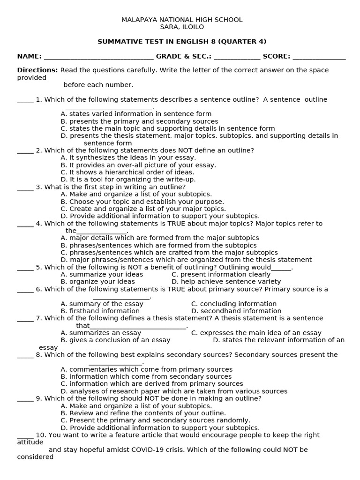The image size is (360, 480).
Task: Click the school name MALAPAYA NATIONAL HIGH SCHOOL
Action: pos(182,20)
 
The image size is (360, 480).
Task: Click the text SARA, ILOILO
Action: pos(182,27)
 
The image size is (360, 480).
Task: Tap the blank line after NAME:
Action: pos(98,58)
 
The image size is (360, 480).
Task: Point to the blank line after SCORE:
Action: pos(319,58)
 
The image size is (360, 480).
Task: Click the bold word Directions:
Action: pos(37,70)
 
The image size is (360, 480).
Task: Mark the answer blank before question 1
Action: pos(25,101)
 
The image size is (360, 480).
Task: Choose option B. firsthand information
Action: pos(94,311)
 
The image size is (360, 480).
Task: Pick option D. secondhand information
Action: pos(236,311)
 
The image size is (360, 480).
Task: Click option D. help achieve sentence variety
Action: pos(226,282)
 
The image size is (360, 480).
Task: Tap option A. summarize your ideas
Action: pos(102,275)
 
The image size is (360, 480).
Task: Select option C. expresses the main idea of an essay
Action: pos(256,333)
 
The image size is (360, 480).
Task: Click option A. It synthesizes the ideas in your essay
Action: pos(128,158)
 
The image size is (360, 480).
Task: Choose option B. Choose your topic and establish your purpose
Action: pos(142,202)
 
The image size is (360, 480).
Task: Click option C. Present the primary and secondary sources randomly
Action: pos(155,420)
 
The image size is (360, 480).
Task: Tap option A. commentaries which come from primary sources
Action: pos(146,369)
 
